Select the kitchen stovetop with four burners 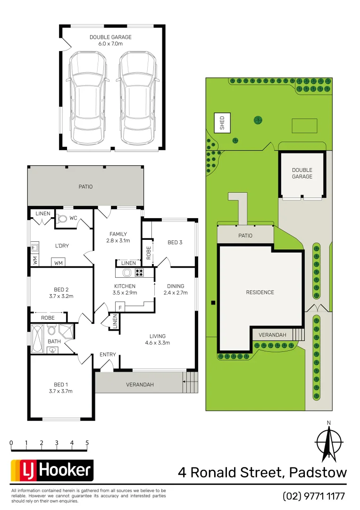pyautogui.click(x=140, y=272)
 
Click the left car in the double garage pyautogui.click(x=87, y=98)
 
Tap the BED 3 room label pyautogui.click(x=175, y=242)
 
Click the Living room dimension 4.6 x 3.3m pyautogui.click(x=157, y=342)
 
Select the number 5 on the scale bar pyautogui.click(x=87, y=443)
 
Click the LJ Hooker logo pyautogui.click(x=52, y=470)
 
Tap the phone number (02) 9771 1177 pyautogui.click(x=314, y=496)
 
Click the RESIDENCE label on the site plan pyautogui.click(x=260, y=292)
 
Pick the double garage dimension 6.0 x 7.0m pyautogui.click(x=110, y=44)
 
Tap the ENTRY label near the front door pyautogui.click(x=108, y=355)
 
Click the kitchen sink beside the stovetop pyautogui.click(x=126, y=272)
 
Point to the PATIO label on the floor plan pyautogui.click(x=85, y=187)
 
